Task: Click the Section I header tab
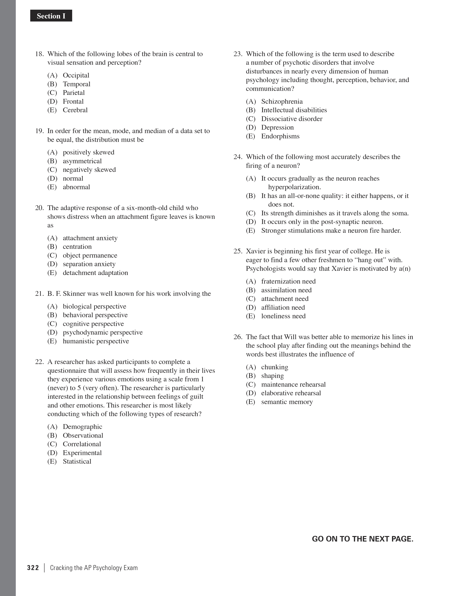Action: click(x=51, y=16)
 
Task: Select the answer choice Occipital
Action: click(x=76, y=75)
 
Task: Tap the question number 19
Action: click(x=39, y=131)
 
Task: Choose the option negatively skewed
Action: click(x=89, y=170)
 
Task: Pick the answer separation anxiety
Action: click(x=89, y=264)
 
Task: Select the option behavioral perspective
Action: click(x=95, y=315)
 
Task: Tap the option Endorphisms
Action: click(x=280, y=136)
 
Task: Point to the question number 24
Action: click(x=238, y=157)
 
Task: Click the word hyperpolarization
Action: click(x=294, y=187)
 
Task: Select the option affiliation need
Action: click(x=283, y=308)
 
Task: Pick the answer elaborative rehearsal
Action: click(x=291, y=393)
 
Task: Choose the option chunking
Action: click(x=274, y=367)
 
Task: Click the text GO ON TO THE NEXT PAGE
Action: click(x=362, y=539)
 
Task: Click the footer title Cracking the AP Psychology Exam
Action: click(x=94, y=568)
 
